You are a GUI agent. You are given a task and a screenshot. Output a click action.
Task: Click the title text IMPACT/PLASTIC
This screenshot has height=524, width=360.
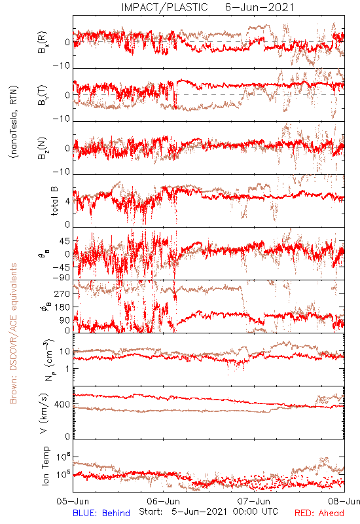[x=165, y=7]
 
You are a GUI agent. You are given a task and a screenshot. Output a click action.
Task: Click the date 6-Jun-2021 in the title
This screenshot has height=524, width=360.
[x=259, y=7]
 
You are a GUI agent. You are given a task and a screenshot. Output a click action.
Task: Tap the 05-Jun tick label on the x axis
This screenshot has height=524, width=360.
[x=73, y=501]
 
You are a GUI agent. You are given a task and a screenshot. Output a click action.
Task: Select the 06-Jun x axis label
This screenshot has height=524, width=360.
[x=164, y=501]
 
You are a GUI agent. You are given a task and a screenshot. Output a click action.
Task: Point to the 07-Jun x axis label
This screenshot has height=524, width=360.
[x=254, y=501]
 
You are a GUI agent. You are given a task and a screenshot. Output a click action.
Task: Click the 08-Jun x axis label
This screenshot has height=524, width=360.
[x=344, y=501]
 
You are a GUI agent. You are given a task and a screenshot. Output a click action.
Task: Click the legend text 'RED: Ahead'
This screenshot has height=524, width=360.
[x=319, y=513]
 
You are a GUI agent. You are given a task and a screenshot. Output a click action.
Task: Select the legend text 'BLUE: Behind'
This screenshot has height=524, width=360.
[x=101, y=513]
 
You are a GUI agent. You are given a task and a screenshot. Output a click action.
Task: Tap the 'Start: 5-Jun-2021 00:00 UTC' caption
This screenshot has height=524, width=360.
[x=208, y=512]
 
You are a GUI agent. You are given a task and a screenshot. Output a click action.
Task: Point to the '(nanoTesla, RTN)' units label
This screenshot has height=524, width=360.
[x=14, y=122]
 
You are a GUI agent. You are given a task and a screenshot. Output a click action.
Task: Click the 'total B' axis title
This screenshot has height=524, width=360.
[x=54, y=201]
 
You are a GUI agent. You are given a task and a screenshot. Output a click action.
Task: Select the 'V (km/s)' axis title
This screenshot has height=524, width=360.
[x=44, y=414]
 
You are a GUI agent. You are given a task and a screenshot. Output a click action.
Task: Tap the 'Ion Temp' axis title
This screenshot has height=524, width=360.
[x=45, y=466]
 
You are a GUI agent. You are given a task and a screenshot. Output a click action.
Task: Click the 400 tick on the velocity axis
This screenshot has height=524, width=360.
[x=62, y=405]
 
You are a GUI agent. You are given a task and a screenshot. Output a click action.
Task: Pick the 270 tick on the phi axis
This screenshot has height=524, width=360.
[x=62, y=293]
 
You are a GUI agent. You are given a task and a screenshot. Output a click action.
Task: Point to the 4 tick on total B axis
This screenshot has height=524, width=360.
[x=68, y=202]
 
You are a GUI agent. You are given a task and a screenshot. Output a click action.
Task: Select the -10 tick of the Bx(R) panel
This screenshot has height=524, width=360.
[x=62, y=66]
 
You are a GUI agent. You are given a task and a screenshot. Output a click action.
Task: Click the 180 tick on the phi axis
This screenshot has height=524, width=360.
[x=62, y=307]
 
